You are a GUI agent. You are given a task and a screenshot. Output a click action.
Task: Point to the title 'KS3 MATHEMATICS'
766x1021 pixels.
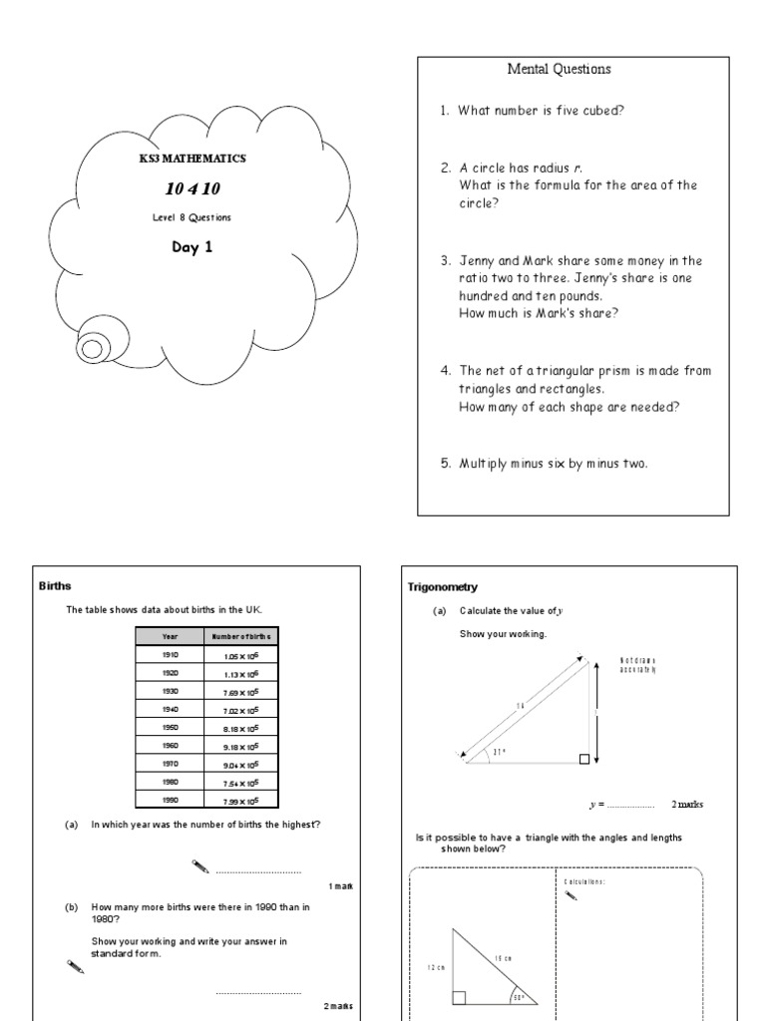[x=191, y=159]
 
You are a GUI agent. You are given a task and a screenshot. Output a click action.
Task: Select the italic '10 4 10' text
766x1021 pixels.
[x=191, y=188]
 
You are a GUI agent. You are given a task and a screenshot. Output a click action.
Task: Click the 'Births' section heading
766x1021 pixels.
[x=56, y=586]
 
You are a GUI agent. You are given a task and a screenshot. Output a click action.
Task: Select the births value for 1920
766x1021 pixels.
[x=242, y=673]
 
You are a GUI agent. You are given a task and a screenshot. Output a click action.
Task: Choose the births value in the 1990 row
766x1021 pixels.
[x=242, y=800]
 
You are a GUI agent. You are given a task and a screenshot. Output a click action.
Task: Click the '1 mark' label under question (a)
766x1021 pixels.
[x=339, y=885]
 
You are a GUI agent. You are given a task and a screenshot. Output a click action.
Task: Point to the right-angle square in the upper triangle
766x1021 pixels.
[x=584, y=760]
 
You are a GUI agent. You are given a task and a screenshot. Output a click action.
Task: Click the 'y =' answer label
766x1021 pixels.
[x=596, y=804]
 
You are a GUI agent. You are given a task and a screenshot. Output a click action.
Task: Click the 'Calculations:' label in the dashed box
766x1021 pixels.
[x=583, y=881]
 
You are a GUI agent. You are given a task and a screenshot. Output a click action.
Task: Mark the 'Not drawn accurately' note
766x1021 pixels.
[x=638, y=665]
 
